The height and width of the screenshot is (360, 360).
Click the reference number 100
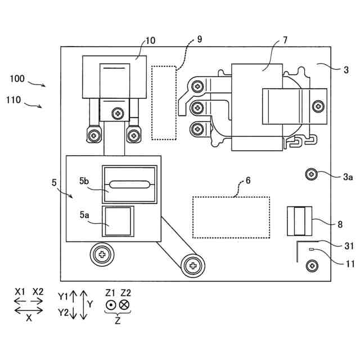17,79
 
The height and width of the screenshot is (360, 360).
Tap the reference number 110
13,101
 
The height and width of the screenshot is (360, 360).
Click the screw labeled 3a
312,174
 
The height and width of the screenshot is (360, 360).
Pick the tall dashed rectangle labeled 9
164,102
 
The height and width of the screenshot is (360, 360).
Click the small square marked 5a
119,220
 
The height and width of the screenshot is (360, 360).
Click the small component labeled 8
299,220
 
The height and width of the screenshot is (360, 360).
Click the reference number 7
285,40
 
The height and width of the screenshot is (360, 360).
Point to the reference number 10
151,40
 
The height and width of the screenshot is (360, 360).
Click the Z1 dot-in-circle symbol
111,305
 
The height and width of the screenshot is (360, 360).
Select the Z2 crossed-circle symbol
125,305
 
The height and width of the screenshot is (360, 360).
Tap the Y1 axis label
63,295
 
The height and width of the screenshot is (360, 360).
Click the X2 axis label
38,291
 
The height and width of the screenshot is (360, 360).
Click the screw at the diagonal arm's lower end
192,264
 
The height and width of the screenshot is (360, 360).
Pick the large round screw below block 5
102,255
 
